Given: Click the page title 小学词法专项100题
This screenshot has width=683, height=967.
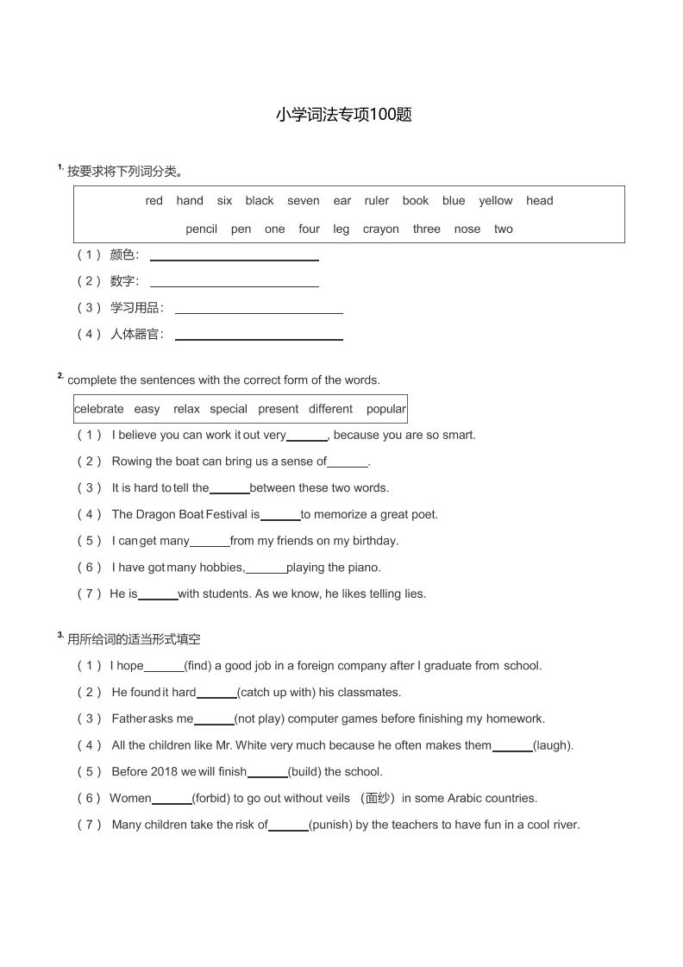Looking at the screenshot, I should point(344,115).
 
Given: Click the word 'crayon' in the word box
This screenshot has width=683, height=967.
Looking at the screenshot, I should point(380,229).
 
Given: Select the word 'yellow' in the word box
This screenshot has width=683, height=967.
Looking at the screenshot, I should point(495,201).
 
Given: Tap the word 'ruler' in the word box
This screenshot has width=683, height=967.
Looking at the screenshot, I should point(376,201).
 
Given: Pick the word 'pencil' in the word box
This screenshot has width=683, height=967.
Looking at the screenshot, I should point(201,229).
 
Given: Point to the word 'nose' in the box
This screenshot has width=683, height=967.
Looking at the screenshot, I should point(467,229).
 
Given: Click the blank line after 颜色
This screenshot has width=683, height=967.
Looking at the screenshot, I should point(234,259).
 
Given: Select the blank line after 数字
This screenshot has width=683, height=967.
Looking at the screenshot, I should point(234,286).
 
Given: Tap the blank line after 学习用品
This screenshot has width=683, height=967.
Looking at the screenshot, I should point(259,312).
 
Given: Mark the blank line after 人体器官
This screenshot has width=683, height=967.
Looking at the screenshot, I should point(259,339).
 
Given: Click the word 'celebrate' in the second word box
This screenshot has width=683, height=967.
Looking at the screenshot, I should point(99,409).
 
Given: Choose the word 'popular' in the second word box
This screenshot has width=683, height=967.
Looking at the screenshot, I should point(385,409).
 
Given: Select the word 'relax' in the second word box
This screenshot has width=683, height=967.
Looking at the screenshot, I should point(186,409).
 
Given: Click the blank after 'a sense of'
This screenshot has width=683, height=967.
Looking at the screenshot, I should point(348,464).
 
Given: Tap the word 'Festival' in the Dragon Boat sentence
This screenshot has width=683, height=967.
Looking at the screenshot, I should point(226,515).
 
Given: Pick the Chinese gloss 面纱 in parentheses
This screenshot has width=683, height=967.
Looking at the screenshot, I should point(376,799).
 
